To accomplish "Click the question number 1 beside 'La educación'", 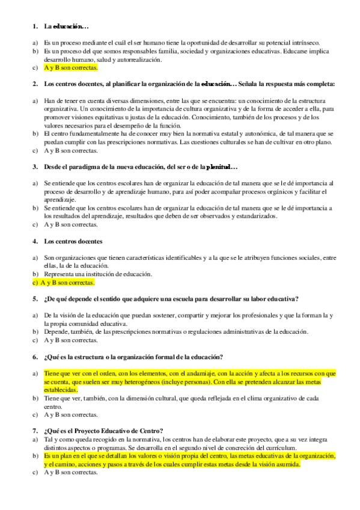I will coord(34,27).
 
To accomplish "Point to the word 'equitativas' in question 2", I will coord(113,116).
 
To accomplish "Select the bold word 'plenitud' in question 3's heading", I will coord(221,166).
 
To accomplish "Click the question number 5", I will coord(34,299).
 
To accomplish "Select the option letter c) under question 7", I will coord(35,473).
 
